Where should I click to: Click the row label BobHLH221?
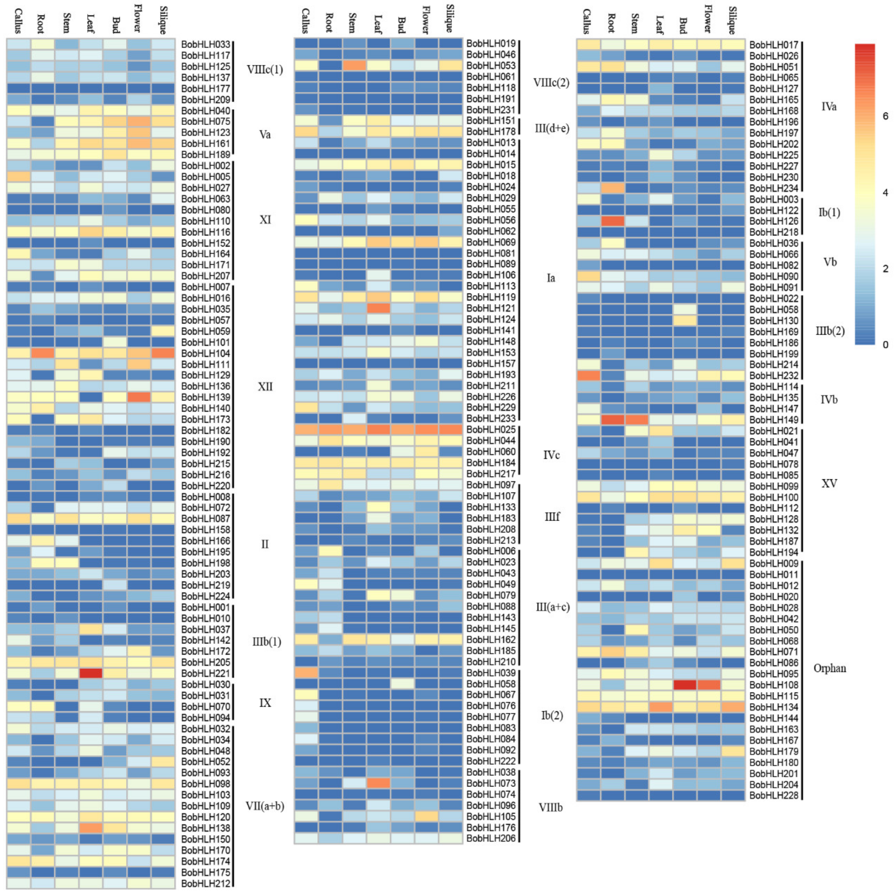205,673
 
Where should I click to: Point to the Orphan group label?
829,668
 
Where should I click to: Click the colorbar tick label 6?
885,116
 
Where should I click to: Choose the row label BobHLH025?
491,430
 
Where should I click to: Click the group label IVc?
551,455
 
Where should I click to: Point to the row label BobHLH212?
205,884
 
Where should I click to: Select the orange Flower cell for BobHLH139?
139,397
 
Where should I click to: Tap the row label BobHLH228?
774,795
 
